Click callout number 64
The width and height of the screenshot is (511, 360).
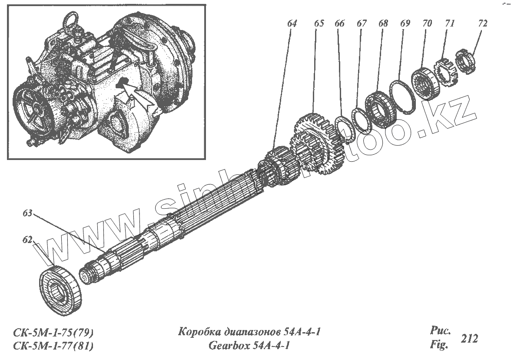(x=292, y=24)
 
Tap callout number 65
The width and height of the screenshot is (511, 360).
(x=319, y=23)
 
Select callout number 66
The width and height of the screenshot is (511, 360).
(x=339, y=23)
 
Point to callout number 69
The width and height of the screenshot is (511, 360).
(x=405, y=23)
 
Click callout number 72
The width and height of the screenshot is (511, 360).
(x=482, y=23)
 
